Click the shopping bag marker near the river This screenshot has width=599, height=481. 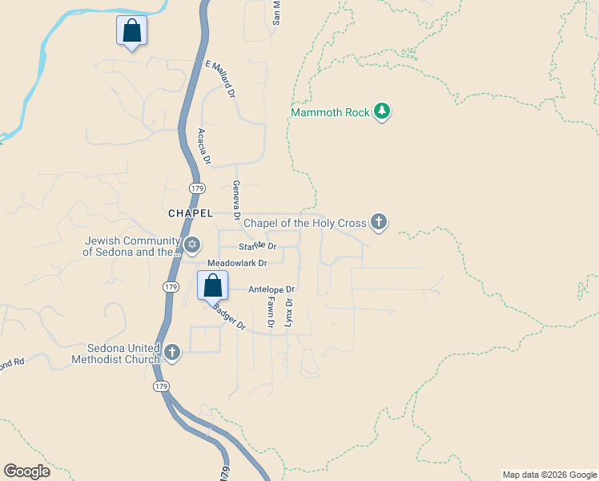coord(131,31)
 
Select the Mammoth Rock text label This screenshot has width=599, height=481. coord(330,112)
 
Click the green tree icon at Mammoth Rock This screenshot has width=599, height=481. coord(382,111)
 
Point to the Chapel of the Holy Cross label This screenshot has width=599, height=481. coord(304,223)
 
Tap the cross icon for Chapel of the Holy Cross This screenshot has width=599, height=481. coord(378,222)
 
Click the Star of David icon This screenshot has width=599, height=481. coord(191,245)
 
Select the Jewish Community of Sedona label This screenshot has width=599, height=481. coord(132,246)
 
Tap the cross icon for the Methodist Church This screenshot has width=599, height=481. coord(171,353)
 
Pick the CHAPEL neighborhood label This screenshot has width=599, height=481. coord(191,213)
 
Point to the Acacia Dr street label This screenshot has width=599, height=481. coord(203,147)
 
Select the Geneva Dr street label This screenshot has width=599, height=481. coord(236,200)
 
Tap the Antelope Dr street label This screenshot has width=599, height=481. coord(271,289)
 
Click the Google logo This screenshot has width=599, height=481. coord(28,471)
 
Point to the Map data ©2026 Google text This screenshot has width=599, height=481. coord(549,475)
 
